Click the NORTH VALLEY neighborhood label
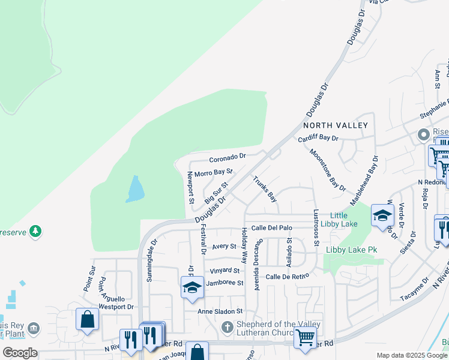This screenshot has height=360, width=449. [335, 125]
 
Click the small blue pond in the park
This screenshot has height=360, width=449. [136, 190]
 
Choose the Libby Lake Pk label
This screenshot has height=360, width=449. [354, 250]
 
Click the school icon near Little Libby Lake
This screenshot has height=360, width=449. [382, 216]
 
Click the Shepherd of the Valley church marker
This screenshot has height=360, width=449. [227, 328]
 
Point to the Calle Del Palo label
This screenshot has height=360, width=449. [271, 228]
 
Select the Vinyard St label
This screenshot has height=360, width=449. [225, 271]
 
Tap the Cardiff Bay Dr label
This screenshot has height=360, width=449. [319, 139]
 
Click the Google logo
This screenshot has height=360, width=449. [20, 353]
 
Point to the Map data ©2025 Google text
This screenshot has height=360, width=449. [411, 355]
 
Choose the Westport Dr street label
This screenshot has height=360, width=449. [116, 307]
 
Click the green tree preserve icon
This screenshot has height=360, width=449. [35, 231]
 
